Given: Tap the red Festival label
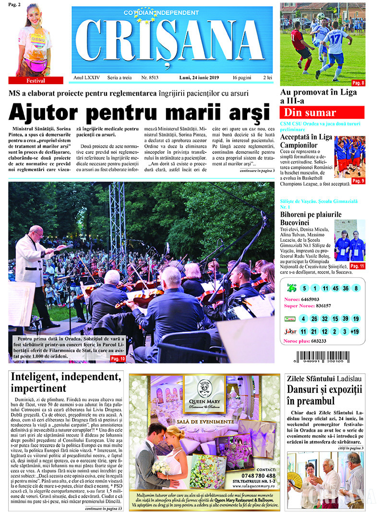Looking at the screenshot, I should tap(36, 81).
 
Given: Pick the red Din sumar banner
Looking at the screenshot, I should tap(322, 112).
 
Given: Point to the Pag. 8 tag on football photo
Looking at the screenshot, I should tap(358, 83).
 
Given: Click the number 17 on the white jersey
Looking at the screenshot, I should tap(335, 36).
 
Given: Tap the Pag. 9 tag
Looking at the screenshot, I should tap(358, 181).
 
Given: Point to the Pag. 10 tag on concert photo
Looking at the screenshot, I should tap(118, 359).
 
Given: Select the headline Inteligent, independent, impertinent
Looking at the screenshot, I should tap(66, 382).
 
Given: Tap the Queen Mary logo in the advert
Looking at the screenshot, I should tap(204, 394).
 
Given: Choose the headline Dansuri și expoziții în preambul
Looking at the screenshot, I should tap(318, 395).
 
